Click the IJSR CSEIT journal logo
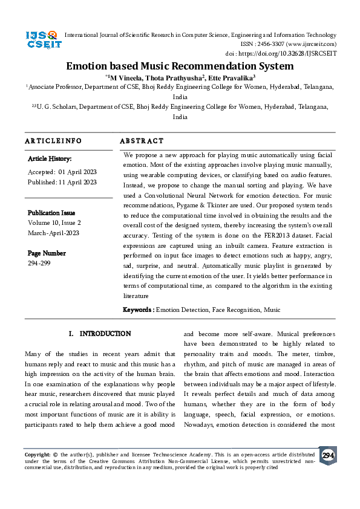pyautogui.click(x=42, y=41)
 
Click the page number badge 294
pyautogui.click(x=328, y=455)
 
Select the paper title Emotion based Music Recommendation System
pyautogui.click(x=180, y=66)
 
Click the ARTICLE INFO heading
pyautogui.click(x=53, y=140)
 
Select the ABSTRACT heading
pyautogui.click(x=142, y=140)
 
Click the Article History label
pyautogui.click(x=50, y=159)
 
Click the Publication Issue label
pyautogui.click(x=51, y=213)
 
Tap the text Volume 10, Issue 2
pyautogui.click(x=54, y=222)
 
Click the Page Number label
pyautogui.click(x=47, y=253)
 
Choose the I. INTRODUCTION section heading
pyautogui.click(x=100, y=334)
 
